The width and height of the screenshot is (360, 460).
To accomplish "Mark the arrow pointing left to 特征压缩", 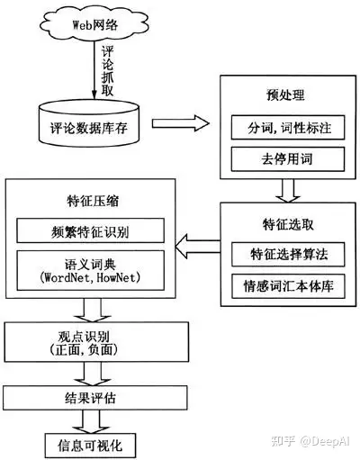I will pyautogui.click(x=197, y=240).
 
